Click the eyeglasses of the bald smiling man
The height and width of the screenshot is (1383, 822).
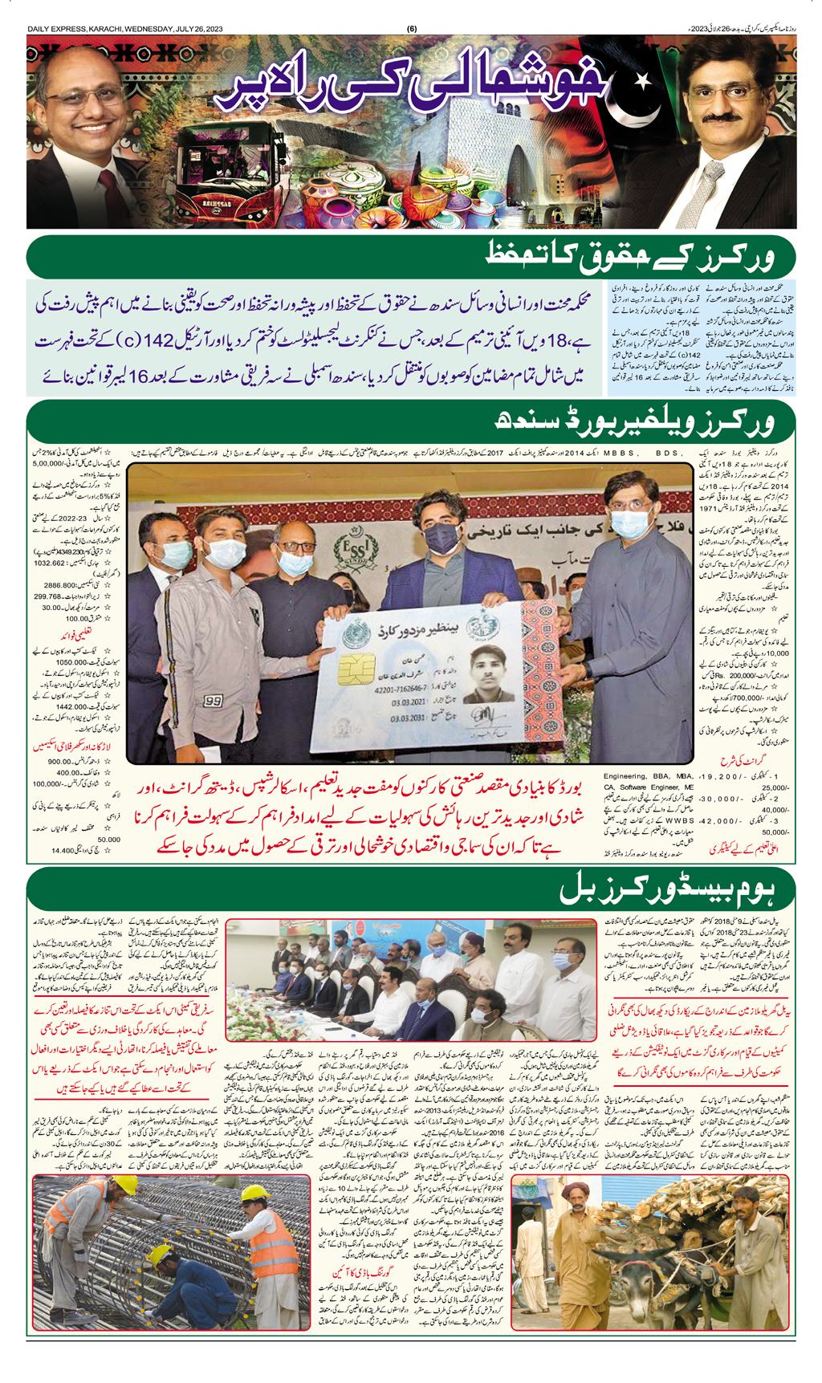[x=85, y=104]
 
